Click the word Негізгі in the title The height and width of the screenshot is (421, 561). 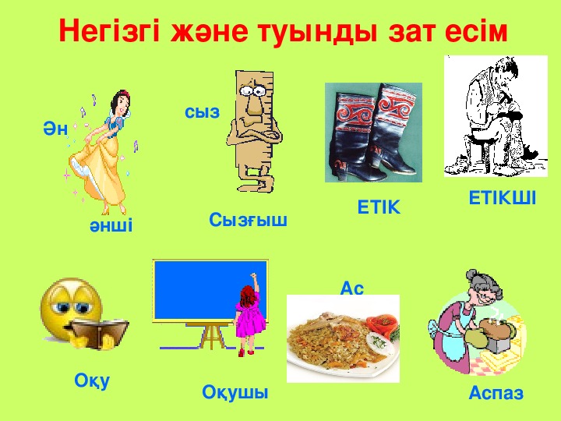tap(109, 30)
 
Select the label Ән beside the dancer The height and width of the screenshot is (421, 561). tap(55, 128)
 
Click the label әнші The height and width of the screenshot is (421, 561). tap(111, 225)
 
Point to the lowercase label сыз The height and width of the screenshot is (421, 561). tap(202, 111)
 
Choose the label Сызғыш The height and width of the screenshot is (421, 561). tap(248, 220)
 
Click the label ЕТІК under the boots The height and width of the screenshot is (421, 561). tap(379, 207)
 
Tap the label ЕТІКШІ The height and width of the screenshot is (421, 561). tap(503, 198)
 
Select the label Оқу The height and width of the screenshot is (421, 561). tap(92, 380)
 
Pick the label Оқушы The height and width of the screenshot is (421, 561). tap(235, 393)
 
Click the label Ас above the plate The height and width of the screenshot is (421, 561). tap(351, 288)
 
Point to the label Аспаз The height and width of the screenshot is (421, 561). tap(496, 393)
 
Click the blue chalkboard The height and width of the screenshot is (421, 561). tap(210, 290)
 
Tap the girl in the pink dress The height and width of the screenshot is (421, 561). tap(249, 315)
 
